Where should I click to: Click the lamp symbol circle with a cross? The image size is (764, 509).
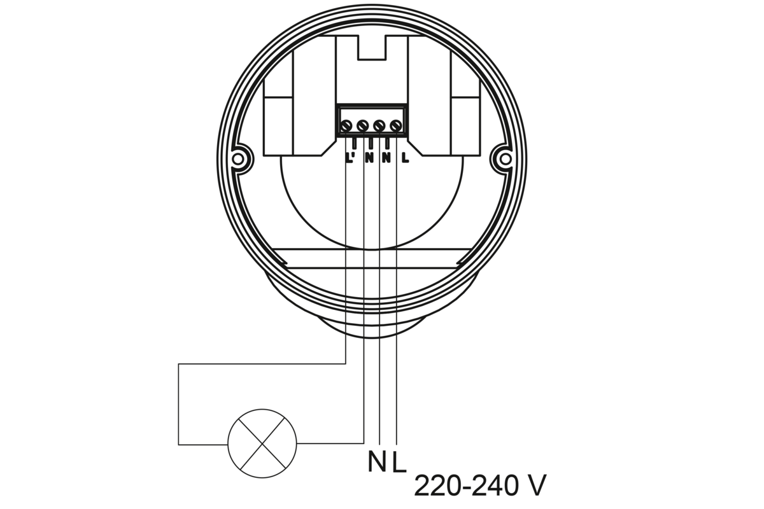pos(262,443)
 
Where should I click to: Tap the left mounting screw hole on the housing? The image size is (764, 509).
pos(238,159)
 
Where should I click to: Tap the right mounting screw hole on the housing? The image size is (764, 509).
pos(506,159)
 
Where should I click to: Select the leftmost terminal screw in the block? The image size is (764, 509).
pos(346,126)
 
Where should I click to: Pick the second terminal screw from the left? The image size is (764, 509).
pos(362,126)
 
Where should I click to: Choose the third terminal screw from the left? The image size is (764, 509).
pos(379,126)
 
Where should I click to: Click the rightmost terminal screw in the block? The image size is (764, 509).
pos(395,126)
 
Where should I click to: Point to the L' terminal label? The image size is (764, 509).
pos(351,158)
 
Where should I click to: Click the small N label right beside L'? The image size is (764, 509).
pos(369,158)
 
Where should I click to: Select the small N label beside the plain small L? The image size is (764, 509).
pos(386,158)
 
